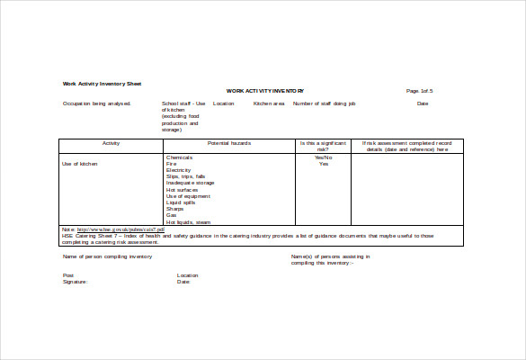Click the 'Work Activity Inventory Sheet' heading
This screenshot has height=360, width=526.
click(x=102, y=84)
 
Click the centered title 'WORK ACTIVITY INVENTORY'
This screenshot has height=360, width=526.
click(x=265, y=91)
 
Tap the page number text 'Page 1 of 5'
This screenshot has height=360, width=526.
click(x=420, y=91)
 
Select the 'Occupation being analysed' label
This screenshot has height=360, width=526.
click(x=97, y=103)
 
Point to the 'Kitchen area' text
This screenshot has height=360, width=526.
click(x=269, y=103)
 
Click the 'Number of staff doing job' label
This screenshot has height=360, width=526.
click(x=325, y=103)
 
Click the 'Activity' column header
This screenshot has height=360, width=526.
click(x=111, y=143)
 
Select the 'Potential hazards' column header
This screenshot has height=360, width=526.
click(x=229, y=143)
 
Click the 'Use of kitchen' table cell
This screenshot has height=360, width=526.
click(x=79, y=164)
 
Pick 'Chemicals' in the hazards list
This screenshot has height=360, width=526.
click(x=180, y=157)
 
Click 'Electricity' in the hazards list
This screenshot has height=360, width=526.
click(x=180, y=170)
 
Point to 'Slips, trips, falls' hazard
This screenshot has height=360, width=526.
click(x=186, y=176)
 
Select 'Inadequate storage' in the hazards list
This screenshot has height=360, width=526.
click(x=190, y=183)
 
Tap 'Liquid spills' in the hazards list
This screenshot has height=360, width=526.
click(x=181, y=202)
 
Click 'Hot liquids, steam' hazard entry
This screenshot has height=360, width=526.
click(x=188, y=221)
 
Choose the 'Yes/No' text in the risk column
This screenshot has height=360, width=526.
click(x=324, y=157)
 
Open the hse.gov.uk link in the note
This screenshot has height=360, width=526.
click(x=121, y=229)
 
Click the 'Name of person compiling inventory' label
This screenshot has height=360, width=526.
click(x=107, y=256)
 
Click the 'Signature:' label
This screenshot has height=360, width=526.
click(x=76, y=282)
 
